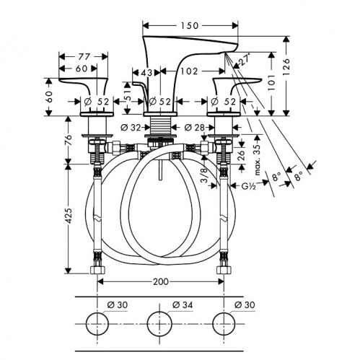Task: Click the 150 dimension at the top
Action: tap(190, 25)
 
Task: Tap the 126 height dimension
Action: tap(286, 67)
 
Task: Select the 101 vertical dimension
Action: tap(272, 82)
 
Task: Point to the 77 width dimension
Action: tap(84, 57)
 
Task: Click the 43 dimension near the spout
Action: tap(146, 72)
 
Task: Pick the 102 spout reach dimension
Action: tap(189, 71)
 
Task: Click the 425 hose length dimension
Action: tap(69, 216)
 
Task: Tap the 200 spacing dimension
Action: tap(161, 281)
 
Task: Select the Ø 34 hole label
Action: tap(183, 305)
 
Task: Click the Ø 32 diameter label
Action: tap(131, 128)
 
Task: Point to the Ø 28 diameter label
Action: tap(194, 128)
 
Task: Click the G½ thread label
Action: tap(248, 185)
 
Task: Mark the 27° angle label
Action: tap(245, 58)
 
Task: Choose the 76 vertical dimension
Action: tap(69, 140)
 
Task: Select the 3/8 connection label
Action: tap(203, 175)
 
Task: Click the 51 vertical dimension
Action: tap(128, 95)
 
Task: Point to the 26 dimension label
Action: tap(241, 155)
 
